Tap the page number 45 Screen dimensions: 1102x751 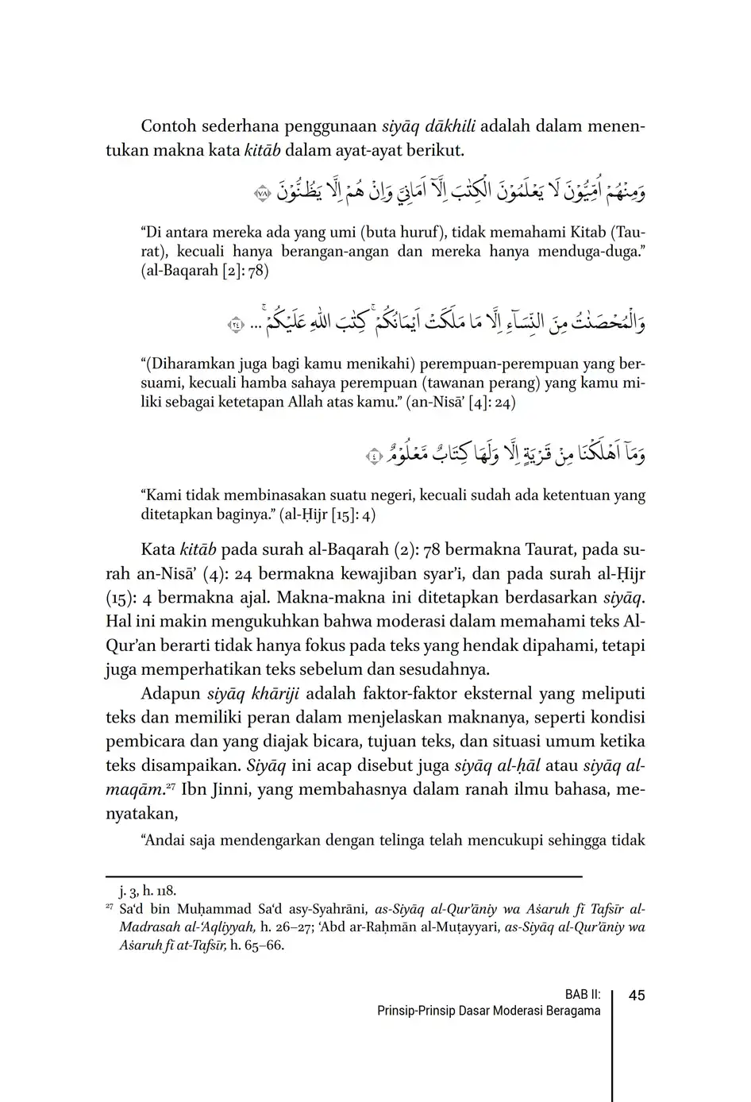tap(636, 996)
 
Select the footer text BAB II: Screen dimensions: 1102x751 tap(582, 995)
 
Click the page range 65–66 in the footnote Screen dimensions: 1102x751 tap(265, 946)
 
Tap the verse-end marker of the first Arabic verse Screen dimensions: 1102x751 tap(262, 192)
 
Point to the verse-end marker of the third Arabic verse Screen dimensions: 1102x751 tap(374, 457)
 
